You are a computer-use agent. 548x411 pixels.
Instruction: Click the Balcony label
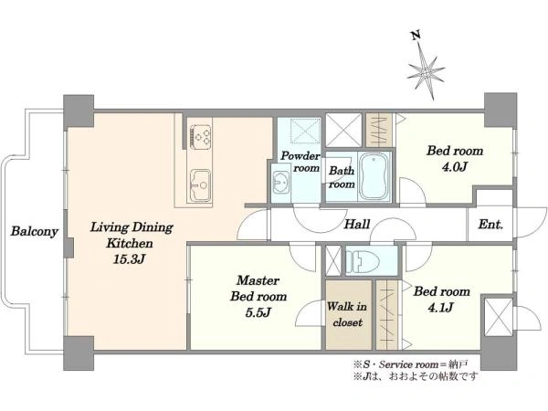tap(35, 231)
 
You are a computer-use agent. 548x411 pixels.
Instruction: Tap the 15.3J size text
tap(130, 259)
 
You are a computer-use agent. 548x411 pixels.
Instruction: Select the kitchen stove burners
tap(201, 136)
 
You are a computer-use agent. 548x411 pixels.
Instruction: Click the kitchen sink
tap(200, 185)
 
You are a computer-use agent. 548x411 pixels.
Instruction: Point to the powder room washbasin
tap(281, 182)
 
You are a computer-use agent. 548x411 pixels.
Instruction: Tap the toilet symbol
tap(363, 260)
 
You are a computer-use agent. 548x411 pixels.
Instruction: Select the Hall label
tap(357, 224)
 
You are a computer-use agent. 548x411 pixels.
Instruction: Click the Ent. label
tap(490, 224)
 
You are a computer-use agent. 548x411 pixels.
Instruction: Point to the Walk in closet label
tap(347, 314)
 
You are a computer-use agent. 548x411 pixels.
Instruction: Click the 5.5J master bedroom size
tap(258, 312)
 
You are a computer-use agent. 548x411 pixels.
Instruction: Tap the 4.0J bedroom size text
tap(455, 167)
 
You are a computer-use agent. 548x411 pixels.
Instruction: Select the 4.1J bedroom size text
tap(441, 307)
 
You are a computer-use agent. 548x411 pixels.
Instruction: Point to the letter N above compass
tap(416, 36)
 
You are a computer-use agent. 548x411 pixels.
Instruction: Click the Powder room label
tap(300, 162)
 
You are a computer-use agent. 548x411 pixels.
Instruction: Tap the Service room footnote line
tap(411, 364)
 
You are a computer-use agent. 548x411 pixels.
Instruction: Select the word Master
tap(258, 280)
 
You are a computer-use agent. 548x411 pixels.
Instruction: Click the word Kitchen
tap(130, 243)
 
